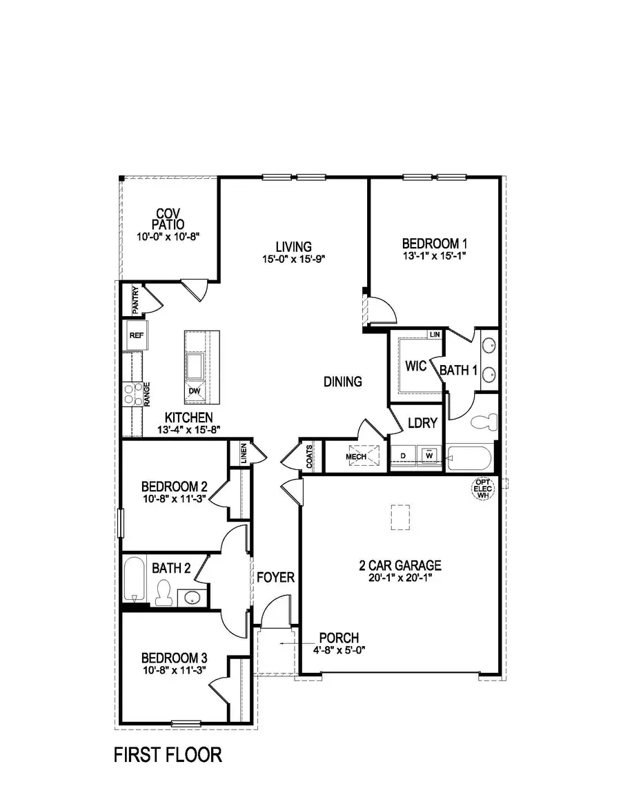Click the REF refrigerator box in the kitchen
pyautogui.click(x=135, y=335)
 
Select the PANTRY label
pyautogui.click(x=135, y=300)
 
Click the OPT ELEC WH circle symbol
pyautogui.click(x=482, y=489)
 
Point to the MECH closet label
pyautogui.click(x=356, y=457)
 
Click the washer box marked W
pyautogui.click(x=429, y=456)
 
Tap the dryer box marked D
pyautogui.click(x=403, y=456)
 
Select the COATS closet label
pyautogui.click(x=310, y=456)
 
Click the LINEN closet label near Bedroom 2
pyautogui.click(x=244, y=453)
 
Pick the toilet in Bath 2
pyautogui.click(x=164, y=593)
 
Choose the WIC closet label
pyautogui.click(x=415, y=366)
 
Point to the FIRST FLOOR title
pyautogui.click(x=168, y=755)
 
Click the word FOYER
pyautogui.click(x=276, y=577)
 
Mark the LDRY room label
pyautogui.click(x=422, y=423)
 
